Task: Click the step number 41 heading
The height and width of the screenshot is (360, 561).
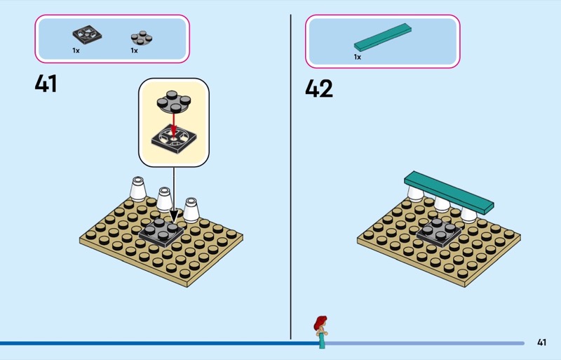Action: click(x=46, y=84)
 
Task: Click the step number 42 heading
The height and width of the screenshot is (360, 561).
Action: click(x=319, y=88)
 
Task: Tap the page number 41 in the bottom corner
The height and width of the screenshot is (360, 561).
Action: click(x=541, y=342)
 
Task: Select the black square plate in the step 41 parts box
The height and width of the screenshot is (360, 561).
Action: click(x=87, y=34)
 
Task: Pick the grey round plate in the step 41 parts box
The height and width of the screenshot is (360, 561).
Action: click(x=142, y=38)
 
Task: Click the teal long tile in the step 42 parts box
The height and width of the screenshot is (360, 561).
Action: click(x=383, y=37)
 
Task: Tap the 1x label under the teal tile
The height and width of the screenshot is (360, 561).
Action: click(x=358, y=57)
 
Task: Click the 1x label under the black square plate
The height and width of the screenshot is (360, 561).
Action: click(x=76, y=51)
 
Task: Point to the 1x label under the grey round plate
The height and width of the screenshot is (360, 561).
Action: click(x=134, y=51)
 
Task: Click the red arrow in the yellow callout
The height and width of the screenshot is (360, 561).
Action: click(x=174, y=125)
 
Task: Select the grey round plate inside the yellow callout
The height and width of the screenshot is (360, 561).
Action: click(x=173, y=102)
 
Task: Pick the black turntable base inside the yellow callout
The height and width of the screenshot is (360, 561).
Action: click(x=174, y=139)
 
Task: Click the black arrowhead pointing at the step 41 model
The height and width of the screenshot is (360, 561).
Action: click(x=174, y=215)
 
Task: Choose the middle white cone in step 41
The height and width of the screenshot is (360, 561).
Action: click(x=164, y=199)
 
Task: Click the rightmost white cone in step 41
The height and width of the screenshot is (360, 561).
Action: click(x=191, y=210)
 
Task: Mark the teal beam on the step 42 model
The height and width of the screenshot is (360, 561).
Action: click(x=449, y=192)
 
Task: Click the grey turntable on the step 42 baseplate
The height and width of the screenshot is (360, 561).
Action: click(x=439, y=232)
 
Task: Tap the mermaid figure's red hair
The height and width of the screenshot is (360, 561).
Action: click(x=320, y=323)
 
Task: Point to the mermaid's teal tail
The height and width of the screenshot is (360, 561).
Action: click(x=322, y=340)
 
